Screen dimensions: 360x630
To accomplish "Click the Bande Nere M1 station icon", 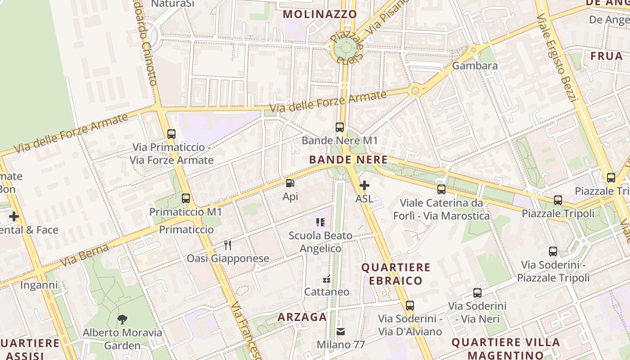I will coord(340,127).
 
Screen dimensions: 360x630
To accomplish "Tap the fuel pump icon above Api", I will coord(290,183).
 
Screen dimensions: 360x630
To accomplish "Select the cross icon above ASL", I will coord(364,185).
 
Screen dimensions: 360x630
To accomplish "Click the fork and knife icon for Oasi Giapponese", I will coord(228,245).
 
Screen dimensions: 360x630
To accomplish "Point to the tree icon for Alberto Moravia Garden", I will coord(122,319).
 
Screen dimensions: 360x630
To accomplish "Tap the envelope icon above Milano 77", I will coord(341,332).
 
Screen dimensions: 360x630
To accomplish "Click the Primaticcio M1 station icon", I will coord(185,198).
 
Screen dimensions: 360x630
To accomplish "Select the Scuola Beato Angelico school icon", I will coord(320,222).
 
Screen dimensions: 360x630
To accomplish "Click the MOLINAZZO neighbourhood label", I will coord(319,14).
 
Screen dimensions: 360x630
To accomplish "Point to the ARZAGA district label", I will coord(302,317).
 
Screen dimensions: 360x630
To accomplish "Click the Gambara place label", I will coord(475,66).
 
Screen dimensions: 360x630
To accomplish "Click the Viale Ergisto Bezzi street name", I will coord(557,58).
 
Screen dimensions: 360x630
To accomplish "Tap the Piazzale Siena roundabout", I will coord(346,47).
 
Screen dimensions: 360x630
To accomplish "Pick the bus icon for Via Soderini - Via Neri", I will coord(477,293).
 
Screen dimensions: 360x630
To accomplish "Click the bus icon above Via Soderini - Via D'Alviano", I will coord(409,306).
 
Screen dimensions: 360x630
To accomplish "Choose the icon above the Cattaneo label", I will coord(327,279).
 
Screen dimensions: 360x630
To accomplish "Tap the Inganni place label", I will coord(39,285).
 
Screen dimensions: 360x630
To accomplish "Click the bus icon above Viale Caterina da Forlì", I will coord(441,189).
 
